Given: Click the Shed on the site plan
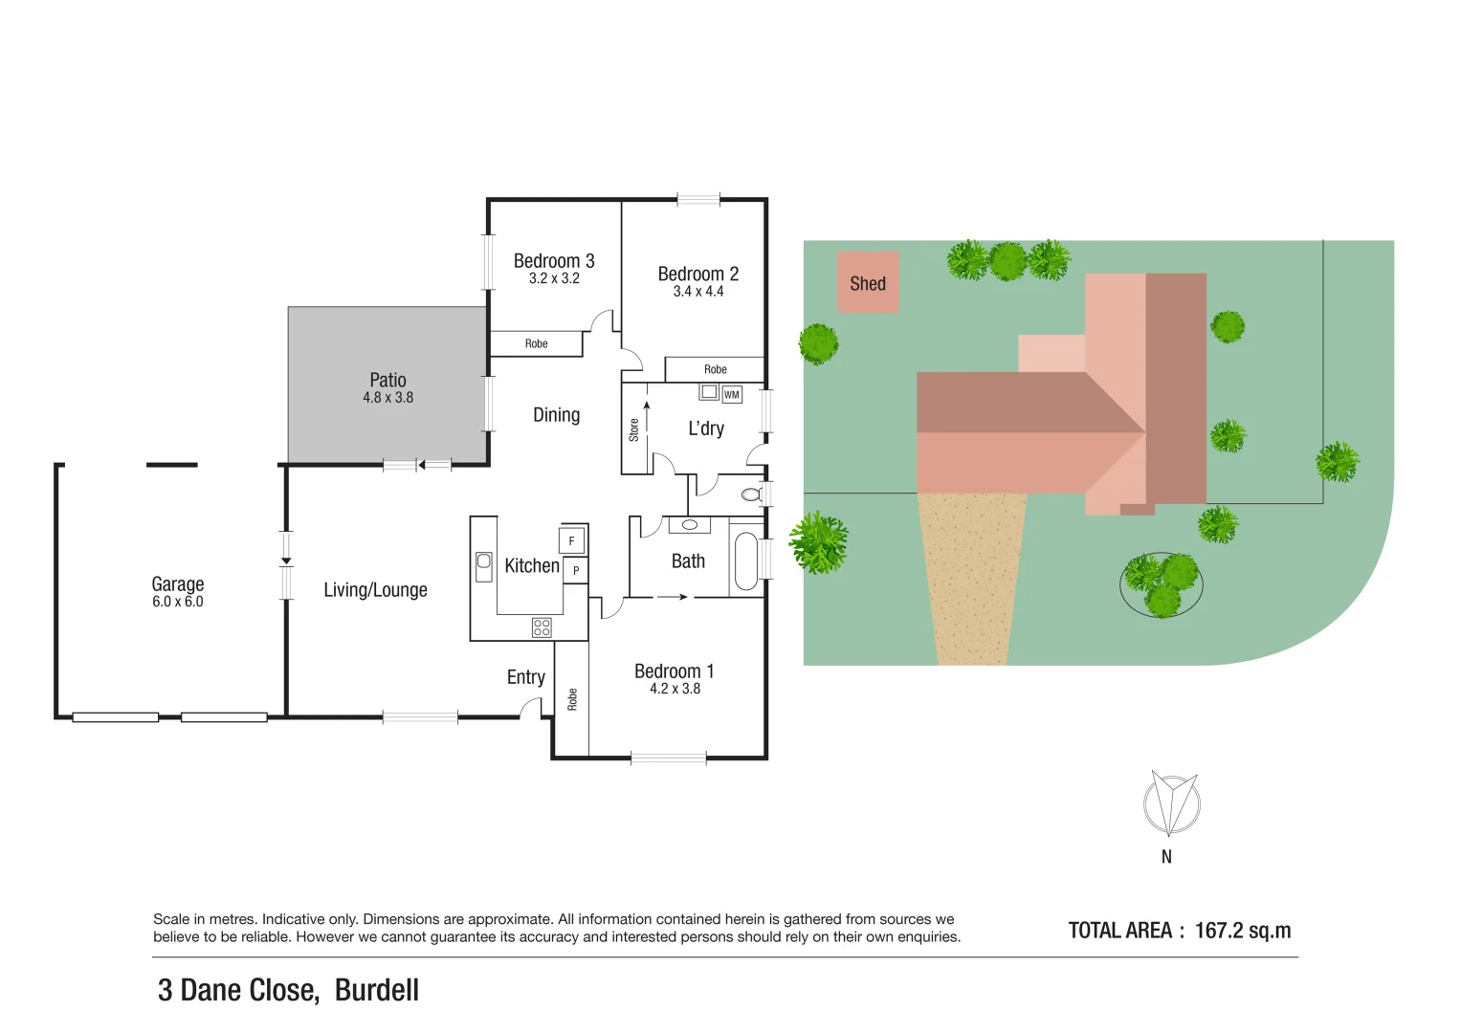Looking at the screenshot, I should (x=868, y=282).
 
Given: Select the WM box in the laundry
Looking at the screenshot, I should (x=732, y=394).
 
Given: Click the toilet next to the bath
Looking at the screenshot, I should (x=753, y=494).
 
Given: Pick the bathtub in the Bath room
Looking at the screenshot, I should (x=744, y=561).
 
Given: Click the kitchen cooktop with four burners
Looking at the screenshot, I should (x=542, y=627).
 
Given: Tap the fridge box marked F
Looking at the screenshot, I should (x=572, y=540).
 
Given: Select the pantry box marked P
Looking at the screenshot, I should (x=575, y=571).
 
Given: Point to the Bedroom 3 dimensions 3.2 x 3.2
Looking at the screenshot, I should (x=554, y=279).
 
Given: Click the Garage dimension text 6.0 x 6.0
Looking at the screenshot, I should (x=178, y=602).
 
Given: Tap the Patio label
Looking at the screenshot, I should (x=387, y=380).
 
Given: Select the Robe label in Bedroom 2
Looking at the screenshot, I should (x=715, y=369).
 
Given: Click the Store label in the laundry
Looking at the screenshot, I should (x=633, y=429).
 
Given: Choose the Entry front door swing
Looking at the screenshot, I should (x=529, y=708).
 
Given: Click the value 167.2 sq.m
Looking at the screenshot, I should (x=1242, y=931).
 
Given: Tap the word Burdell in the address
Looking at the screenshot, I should (x=377, y=990).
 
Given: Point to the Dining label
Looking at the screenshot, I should (x=556, y=415).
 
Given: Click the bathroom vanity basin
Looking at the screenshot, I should (x=689, y=525).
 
